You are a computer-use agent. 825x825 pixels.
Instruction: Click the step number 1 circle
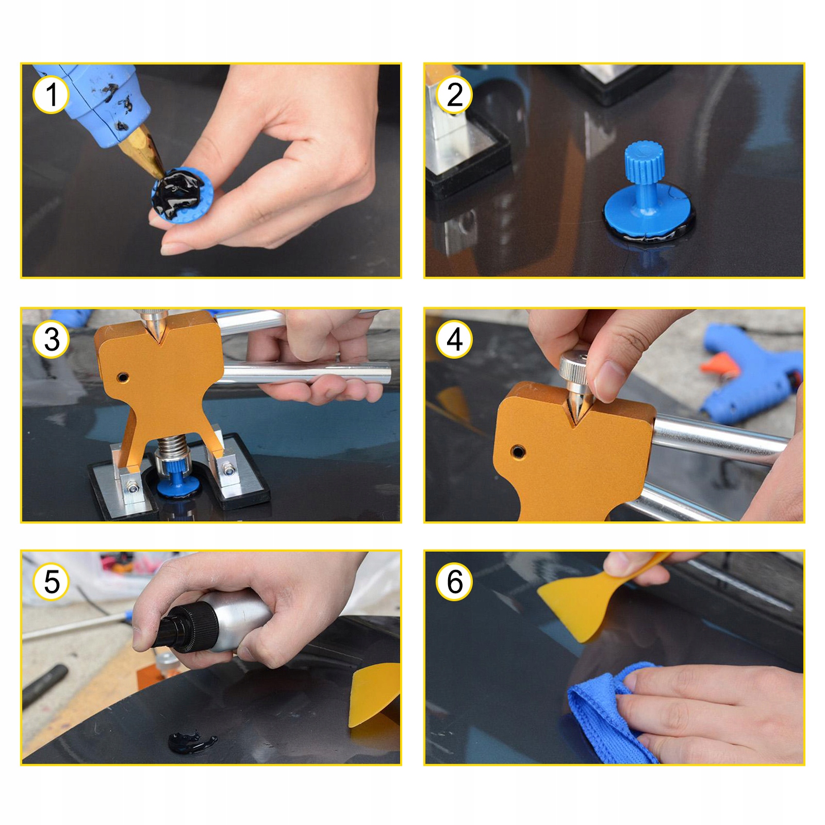51,95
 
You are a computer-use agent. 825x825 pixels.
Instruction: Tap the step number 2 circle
454,95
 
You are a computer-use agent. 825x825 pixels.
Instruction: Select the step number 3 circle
51,340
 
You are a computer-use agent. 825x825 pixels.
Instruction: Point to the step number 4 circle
454,340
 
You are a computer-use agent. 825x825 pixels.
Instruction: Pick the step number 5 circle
51,582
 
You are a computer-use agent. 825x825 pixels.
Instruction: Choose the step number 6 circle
454,582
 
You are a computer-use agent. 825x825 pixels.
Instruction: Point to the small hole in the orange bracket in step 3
123,377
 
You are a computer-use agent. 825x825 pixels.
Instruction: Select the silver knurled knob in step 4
574,368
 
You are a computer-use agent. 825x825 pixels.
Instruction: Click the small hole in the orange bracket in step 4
518,452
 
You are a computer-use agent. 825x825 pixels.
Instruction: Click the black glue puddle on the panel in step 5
191,741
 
